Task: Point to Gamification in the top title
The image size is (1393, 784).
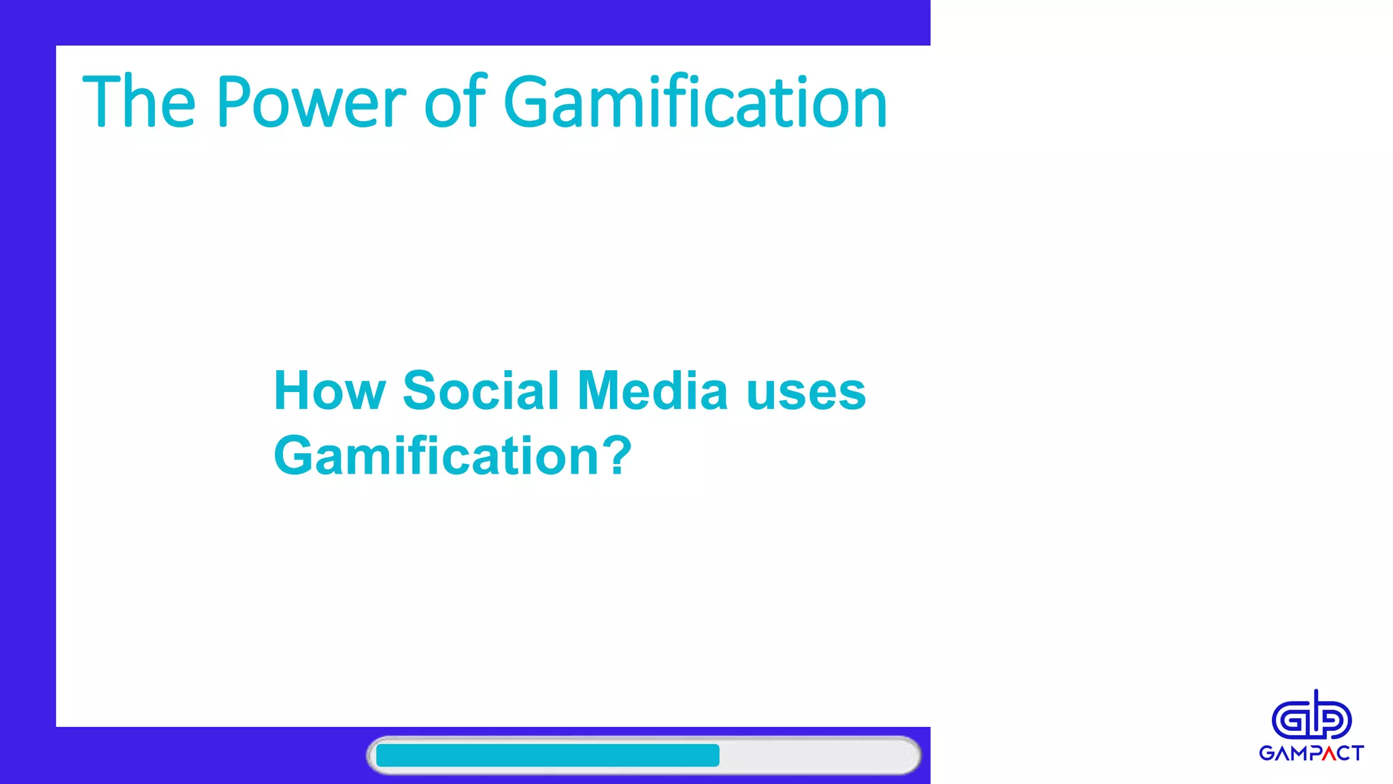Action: point(695,102)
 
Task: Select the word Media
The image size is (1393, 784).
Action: point(652,391)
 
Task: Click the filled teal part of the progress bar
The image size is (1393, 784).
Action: point(548,755)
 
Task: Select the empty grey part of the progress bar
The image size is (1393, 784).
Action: point(816,755)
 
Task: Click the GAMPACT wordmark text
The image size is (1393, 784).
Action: point(1311,753)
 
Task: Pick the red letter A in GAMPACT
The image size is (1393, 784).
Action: point(1328,753)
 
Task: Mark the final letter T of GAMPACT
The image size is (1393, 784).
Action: point(1358,753)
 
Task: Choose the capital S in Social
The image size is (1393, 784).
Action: point(419,391)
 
